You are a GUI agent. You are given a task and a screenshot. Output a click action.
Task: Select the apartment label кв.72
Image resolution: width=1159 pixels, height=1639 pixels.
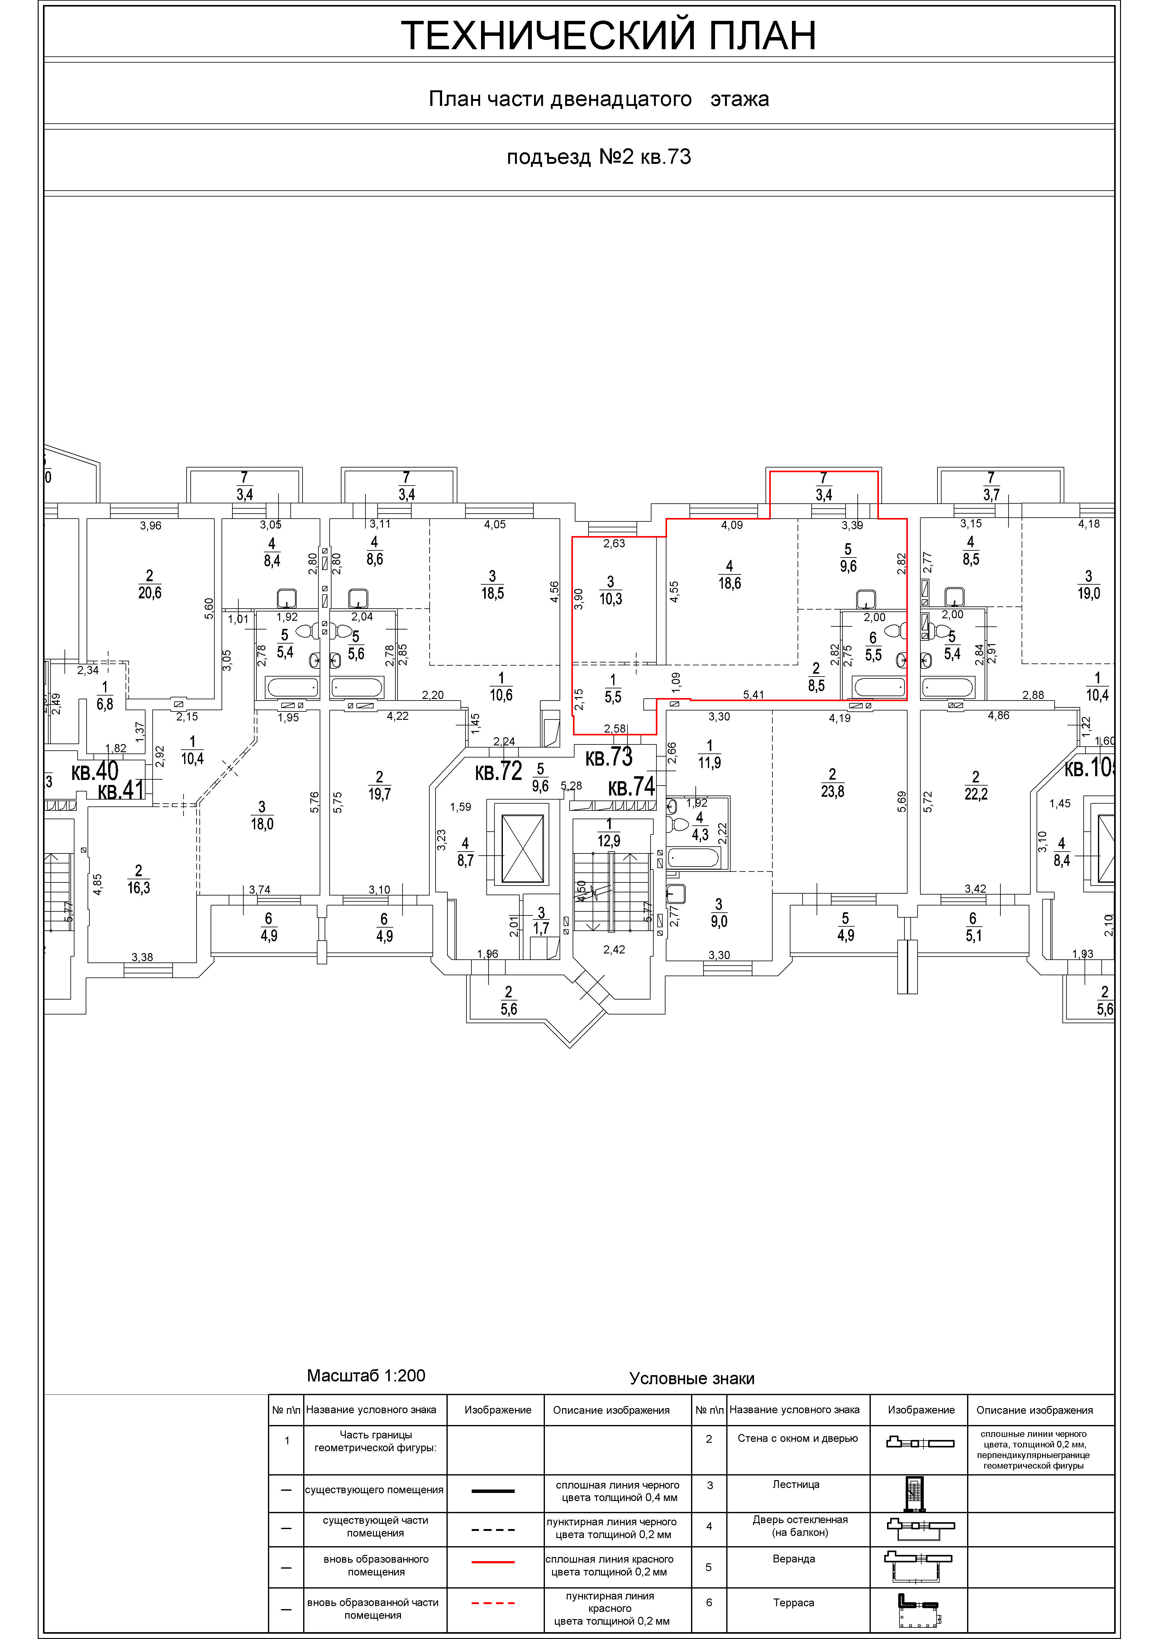(x=499, y=771)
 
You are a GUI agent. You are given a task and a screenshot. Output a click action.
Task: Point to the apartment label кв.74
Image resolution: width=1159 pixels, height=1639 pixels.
(x=631, y=787)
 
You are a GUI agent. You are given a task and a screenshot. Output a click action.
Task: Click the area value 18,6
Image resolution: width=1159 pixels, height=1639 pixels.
(x=729, y=583)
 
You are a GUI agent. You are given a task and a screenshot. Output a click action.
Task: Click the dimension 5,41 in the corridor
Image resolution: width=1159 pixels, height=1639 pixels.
(x=754, y=694)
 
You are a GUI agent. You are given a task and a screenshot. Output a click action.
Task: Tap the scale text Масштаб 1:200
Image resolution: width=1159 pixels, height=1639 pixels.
(x=366, y=1375)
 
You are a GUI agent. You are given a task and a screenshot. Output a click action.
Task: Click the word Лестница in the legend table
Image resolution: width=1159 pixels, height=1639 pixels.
(x=795, y=1484)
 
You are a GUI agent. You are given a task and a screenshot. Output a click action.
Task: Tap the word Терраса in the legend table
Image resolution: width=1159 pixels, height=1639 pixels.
(x=793, y=1603)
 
